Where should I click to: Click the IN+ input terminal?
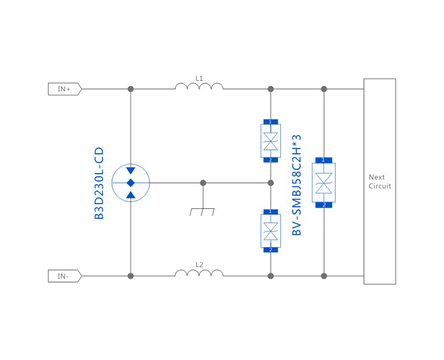tap(65, 89)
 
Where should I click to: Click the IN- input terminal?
tap(65, 276)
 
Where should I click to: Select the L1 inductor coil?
tap(199, 86)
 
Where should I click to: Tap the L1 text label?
tap(199, 78)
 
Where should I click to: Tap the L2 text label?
tap(199, 265)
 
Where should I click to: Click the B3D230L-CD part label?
tap(99, 183)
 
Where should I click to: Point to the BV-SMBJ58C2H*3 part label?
tap(298, 185)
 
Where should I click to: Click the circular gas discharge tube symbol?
tap(131, 183)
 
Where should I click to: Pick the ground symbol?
tap(202, 211)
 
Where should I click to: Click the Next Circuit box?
tap(379, 181)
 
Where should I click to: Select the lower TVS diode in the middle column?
tap(271, 231)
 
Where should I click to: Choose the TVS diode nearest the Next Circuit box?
tap(323, 182)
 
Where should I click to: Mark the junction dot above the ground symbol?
tap(203, 183)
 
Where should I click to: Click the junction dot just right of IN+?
tap(131, 89)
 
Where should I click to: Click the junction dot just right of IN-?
tap(131, 276)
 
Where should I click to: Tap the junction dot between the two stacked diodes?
tap(271, 183)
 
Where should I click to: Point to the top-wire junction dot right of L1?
tap(271, 89)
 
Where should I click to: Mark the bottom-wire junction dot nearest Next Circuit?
tap(323, 276)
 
